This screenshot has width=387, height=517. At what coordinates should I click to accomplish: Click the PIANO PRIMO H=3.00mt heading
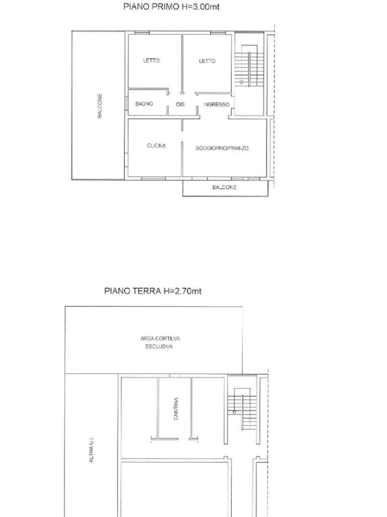171,7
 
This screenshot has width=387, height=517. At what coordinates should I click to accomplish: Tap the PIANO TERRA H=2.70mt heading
153,291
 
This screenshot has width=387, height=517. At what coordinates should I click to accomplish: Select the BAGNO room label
144,104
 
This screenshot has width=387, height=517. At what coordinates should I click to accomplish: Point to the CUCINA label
156,146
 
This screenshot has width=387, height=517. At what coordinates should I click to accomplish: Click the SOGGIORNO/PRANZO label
222,148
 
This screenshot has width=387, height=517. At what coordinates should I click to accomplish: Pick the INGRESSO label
217,105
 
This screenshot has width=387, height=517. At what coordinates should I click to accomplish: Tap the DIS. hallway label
180,105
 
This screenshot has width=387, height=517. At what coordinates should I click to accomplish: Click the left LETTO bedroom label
151,61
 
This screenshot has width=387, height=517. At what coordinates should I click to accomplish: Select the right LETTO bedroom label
207,61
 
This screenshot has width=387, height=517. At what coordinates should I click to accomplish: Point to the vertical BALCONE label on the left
99,106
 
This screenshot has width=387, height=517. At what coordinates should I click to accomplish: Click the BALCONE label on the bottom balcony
224,187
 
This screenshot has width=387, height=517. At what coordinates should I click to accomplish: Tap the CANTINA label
176,408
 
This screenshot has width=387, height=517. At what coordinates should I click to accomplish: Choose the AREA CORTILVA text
160,339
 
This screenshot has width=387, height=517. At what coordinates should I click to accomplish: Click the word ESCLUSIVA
159,346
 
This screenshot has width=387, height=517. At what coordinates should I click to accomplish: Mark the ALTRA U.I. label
92,449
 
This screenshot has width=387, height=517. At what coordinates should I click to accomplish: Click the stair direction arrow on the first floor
242,82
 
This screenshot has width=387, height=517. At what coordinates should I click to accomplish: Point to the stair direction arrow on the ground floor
234,412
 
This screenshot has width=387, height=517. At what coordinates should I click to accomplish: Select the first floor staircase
249,66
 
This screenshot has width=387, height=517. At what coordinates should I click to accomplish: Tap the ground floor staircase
242,409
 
